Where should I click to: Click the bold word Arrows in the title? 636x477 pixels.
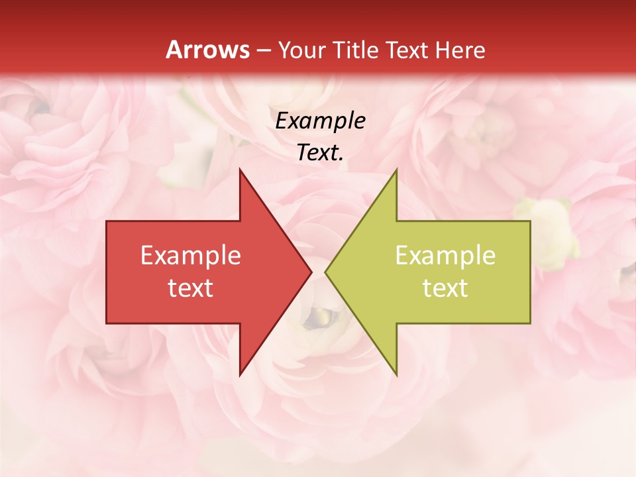click(x=208, y=50)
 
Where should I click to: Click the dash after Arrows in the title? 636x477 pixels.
click(x=263, y=50)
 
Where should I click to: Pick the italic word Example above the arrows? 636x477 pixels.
click(x=320, y=121)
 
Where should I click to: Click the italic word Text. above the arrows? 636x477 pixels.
click(x=320, y=152)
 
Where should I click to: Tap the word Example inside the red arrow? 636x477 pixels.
click(x=191, y=255)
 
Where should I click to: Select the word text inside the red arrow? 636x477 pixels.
click(x=191, y=288)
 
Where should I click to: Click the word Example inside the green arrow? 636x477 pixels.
click(x=445, y=255)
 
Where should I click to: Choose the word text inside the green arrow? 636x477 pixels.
click(x=445, y=288)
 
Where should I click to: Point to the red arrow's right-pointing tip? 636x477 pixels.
click(x=310, y=272)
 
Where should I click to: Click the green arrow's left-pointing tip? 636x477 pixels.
click(x=327, y=272)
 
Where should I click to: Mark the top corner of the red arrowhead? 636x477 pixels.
click(x=240, y=171)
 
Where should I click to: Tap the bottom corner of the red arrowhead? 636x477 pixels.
click(x=240, y=374)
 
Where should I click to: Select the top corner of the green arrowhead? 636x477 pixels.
click(x=396, y=171)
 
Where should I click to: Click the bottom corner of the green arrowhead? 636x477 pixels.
click(x=396, y=374)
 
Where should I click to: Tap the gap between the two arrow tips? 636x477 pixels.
click(x=319, y=272)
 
